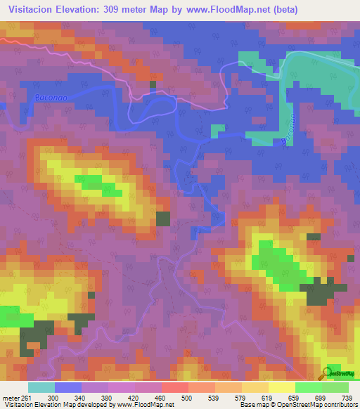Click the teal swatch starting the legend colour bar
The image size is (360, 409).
pyautogui.click(x=41, y=387)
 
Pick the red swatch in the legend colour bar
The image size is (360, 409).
pyautogui.click(x=174, y=387)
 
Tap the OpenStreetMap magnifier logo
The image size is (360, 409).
pyautogui.click(x=328, y=372)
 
